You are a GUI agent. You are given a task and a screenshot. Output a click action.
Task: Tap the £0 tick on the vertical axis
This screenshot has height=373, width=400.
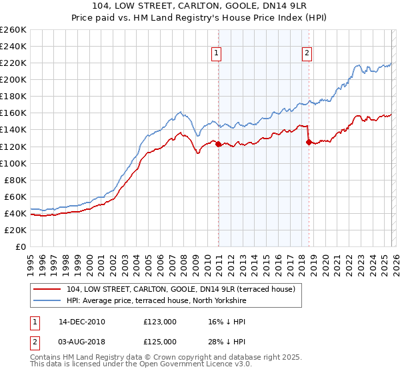coord(21,246)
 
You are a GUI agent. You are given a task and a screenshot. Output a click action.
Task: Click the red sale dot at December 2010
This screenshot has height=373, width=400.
coord(218,143)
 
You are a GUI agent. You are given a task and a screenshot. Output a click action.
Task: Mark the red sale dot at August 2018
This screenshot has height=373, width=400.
coord(308,142)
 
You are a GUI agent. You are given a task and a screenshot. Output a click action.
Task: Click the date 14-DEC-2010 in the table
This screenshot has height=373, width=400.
coord(82,322)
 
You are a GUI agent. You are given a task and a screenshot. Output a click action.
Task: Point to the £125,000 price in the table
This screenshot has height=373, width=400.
coord(160,342)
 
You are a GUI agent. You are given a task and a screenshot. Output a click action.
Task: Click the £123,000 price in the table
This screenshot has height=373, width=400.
coord(160,322)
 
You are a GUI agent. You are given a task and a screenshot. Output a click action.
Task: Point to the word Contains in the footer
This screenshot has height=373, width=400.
coord(47,358)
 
